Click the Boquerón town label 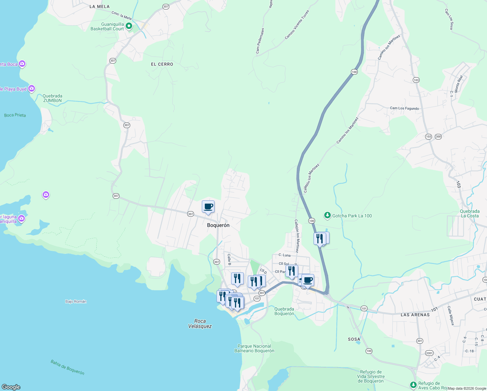(x=218, y=225)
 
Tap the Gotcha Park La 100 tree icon (x=327, y=215)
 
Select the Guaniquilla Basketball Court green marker (x=129, y=26)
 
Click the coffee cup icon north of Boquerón (x=208, y=207)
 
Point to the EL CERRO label (x=162, y=64)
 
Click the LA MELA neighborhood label (x=100, y=7)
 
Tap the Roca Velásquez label (x=200, y=324)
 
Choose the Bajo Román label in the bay (x=76, y=301)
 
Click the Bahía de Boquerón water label (x=67, y=367)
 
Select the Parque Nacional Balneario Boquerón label (x=254, y=348)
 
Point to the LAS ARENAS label (x=415, y=315)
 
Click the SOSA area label (x=354, y=339)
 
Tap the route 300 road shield (x=438, y=137)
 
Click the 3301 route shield (x=429, y=353)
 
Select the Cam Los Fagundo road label (x=404, y=108)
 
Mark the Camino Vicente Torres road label (x=297, y=25)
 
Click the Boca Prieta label (x=15, y=115)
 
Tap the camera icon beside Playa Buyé (x=32, y=88)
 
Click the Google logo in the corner (x=11, y=387)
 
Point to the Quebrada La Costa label (x=469, y=213)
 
